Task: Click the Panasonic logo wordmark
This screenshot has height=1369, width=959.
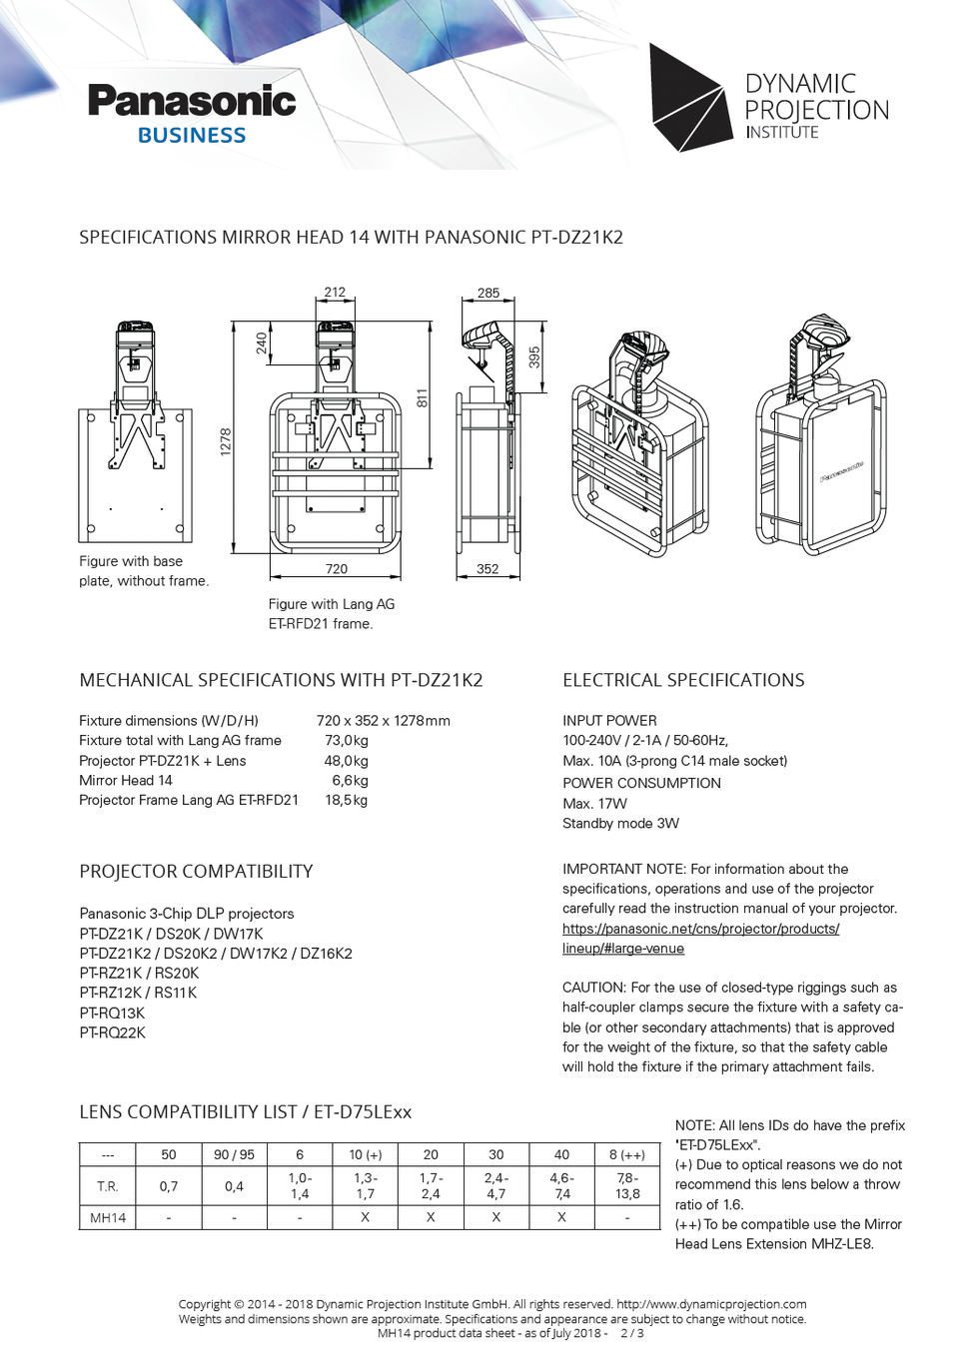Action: pyautogui.click(x=192, y=101)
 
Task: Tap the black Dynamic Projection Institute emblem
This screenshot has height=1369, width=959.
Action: pyautogui.click(x=688, y=98)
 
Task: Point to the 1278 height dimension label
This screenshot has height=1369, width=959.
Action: pyautogui.click(x=226, y=442)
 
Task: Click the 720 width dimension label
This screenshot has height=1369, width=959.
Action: pyautogui.click(x=337, y=569)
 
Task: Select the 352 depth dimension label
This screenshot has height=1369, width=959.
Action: pyautogui.click(x=487, y=569)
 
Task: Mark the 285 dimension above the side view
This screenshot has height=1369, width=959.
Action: pyautogui.click(x=488, y=293)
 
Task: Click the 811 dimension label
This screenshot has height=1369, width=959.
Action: pyautogui.click(x=423, y=398)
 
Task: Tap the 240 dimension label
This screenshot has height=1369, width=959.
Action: pyautogui.click(x=262, y=343)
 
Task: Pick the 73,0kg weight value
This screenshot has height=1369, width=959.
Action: pyautogui.click(x=347, y=741)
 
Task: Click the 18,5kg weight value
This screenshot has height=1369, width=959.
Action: pyautogui.click(x=347, y=801)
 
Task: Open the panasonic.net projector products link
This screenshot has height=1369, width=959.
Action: pyautogui.click(x=700, y=929)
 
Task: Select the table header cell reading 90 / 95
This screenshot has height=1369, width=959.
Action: pyautogui.click(x=234, y=1155)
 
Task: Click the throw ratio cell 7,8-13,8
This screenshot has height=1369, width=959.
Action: pyautogui.click(x=627, y=1186)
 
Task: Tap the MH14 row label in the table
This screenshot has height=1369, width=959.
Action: pyautogui.click(x=108, y=1218)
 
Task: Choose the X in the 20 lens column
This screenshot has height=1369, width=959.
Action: pyautogui.click(x=431, y=1217)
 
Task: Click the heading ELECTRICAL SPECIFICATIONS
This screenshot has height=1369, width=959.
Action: pyautogui.click(x=683, y=680)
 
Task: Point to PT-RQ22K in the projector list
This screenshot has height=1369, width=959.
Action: pyautogui.click(x=112, y=1032)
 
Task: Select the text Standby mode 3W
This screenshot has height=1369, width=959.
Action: pyautogui.click(x=620, y=824)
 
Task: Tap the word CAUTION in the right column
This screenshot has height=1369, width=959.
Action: pyautogui.click(x=593, y=988)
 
